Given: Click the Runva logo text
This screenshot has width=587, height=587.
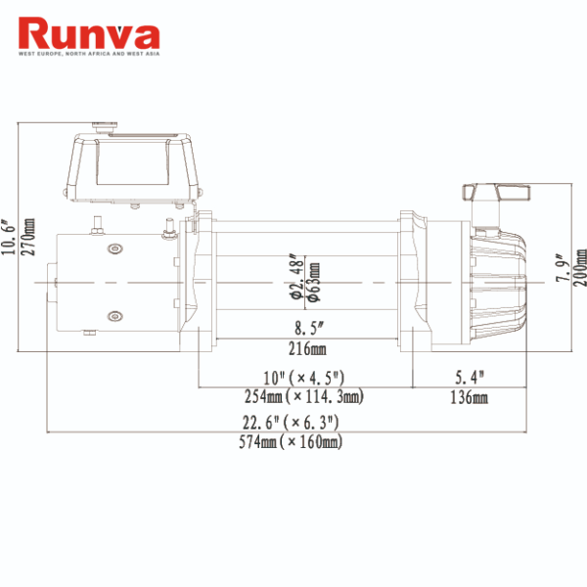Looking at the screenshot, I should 89,33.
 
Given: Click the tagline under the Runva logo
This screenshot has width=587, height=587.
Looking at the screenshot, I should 89,55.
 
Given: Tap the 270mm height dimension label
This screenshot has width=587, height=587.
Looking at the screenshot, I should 28,238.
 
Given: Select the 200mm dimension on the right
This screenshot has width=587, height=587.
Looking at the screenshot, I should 580,262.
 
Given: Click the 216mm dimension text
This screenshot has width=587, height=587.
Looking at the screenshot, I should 306,349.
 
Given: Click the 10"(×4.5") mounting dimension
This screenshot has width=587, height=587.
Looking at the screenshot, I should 306,378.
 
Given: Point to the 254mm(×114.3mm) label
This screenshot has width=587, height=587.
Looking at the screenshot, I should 305,396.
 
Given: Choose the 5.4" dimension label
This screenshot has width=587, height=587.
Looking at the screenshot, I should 470,378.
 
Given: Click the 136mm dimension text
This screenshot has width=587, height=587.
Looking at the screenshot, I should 470,396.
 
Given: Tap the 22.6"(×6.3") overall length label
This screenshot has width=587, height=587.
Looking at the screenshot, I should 291,423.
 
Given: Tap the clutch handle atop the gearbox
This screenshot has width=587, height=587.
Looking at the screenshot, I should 497,192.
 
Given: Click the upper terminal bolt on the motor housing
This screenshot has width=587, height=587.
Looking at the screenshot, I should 115,248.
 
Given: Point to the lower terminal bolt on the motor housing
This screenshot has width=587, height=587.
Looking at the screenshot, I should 115,315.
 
